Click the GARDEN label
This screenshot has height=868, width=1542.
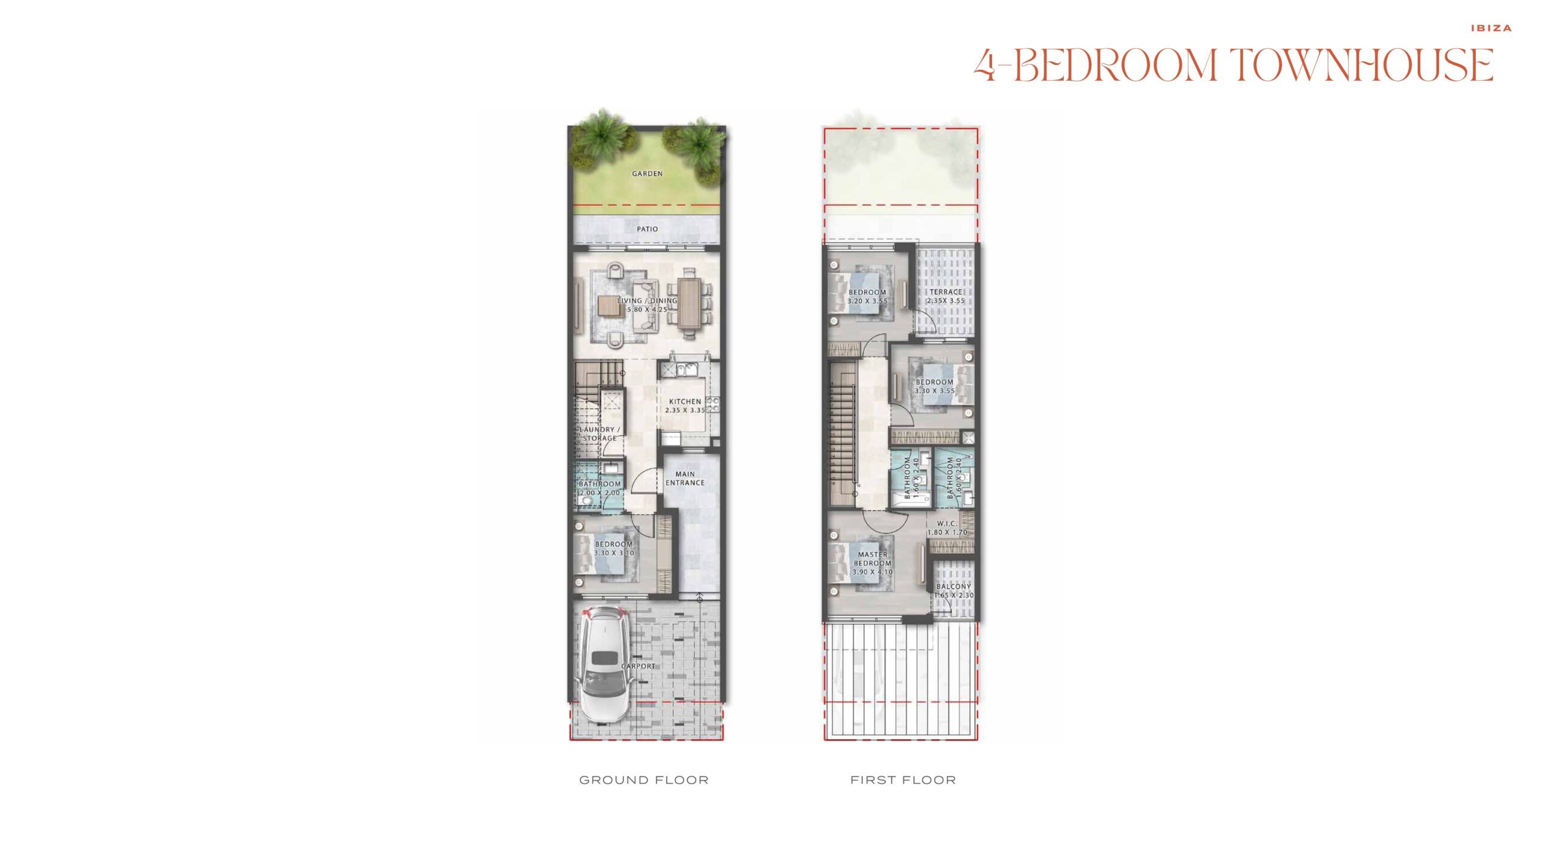647,174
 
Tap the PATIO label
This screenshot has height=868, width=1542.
648,229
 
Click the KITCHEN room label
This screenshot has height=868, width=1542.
685,401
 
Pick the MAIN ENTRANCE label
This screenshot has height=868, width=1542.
685,479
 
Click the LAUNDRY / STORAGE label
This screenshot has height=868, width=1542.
600,434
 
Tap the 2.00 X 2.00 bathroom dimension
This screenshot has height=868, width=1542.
600,493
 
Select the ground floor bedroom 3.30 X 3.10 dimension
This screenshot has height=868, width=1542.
614,553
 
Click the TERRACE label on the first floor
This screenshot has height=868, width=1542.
946,292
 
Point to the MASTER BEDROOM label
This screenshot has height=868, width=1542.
872,559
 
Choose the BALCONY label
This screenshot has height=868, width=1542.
954,587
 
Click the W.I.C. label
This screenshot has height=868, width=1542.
947,524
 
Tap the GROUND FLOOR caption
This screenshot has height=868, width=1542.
644,780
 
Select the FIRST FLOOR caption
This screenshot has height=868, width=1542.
903,780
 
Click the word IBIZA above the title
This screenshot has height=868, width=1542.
1491,28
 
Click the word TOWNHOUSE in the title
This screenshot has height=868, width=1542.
1361,65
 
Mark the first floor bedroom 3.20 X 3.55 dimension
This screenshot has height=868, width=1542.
867,301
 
